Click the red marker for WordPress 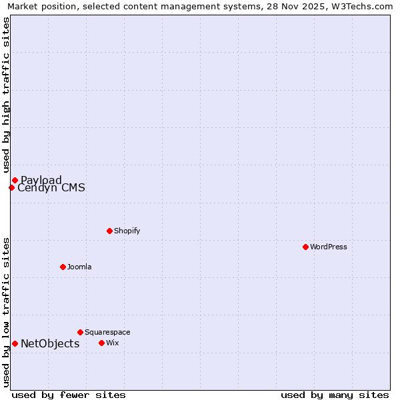(305, 247)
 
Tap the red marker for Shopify (109, 231)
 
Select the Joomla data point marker (63, 267)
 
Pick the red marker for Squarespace (80, 332)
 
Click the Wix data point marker (101, 343)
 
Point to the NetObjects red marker (15, 343)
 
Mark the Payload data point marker (15, 180)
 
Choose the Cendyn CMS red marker (11, 187)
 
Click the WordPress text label (329, 247)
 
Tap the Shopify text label (127, 231)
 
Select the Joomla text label (79, 267)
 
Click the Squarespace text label (107, 332)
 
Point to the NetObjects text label (50, 343)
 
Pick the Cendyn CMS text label (51, 188)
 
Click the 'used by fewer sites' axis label (69, 395)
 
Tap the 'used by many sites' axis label (335, 395)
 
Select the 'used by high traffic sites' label (6, 95)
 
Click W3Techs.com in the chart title (361, 6)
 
